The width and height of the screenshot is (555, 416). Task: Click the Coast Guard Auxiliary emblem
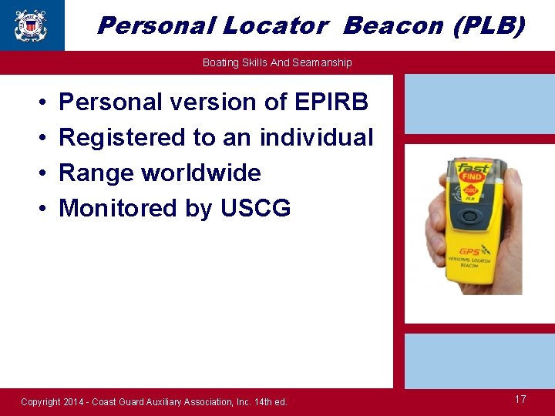30,25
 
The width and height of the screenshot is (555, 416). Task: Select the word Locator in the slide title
275,25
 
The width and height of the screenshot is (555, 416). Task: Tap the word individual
316,137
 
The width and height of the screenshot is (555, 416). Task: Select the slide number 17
520,399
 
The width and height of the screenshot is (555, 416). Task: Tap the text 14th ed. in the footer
270,402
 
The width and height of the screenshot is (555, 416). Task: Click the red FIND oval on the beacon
471,177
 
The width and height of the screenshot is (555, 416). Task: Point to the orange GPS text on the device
469,251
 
